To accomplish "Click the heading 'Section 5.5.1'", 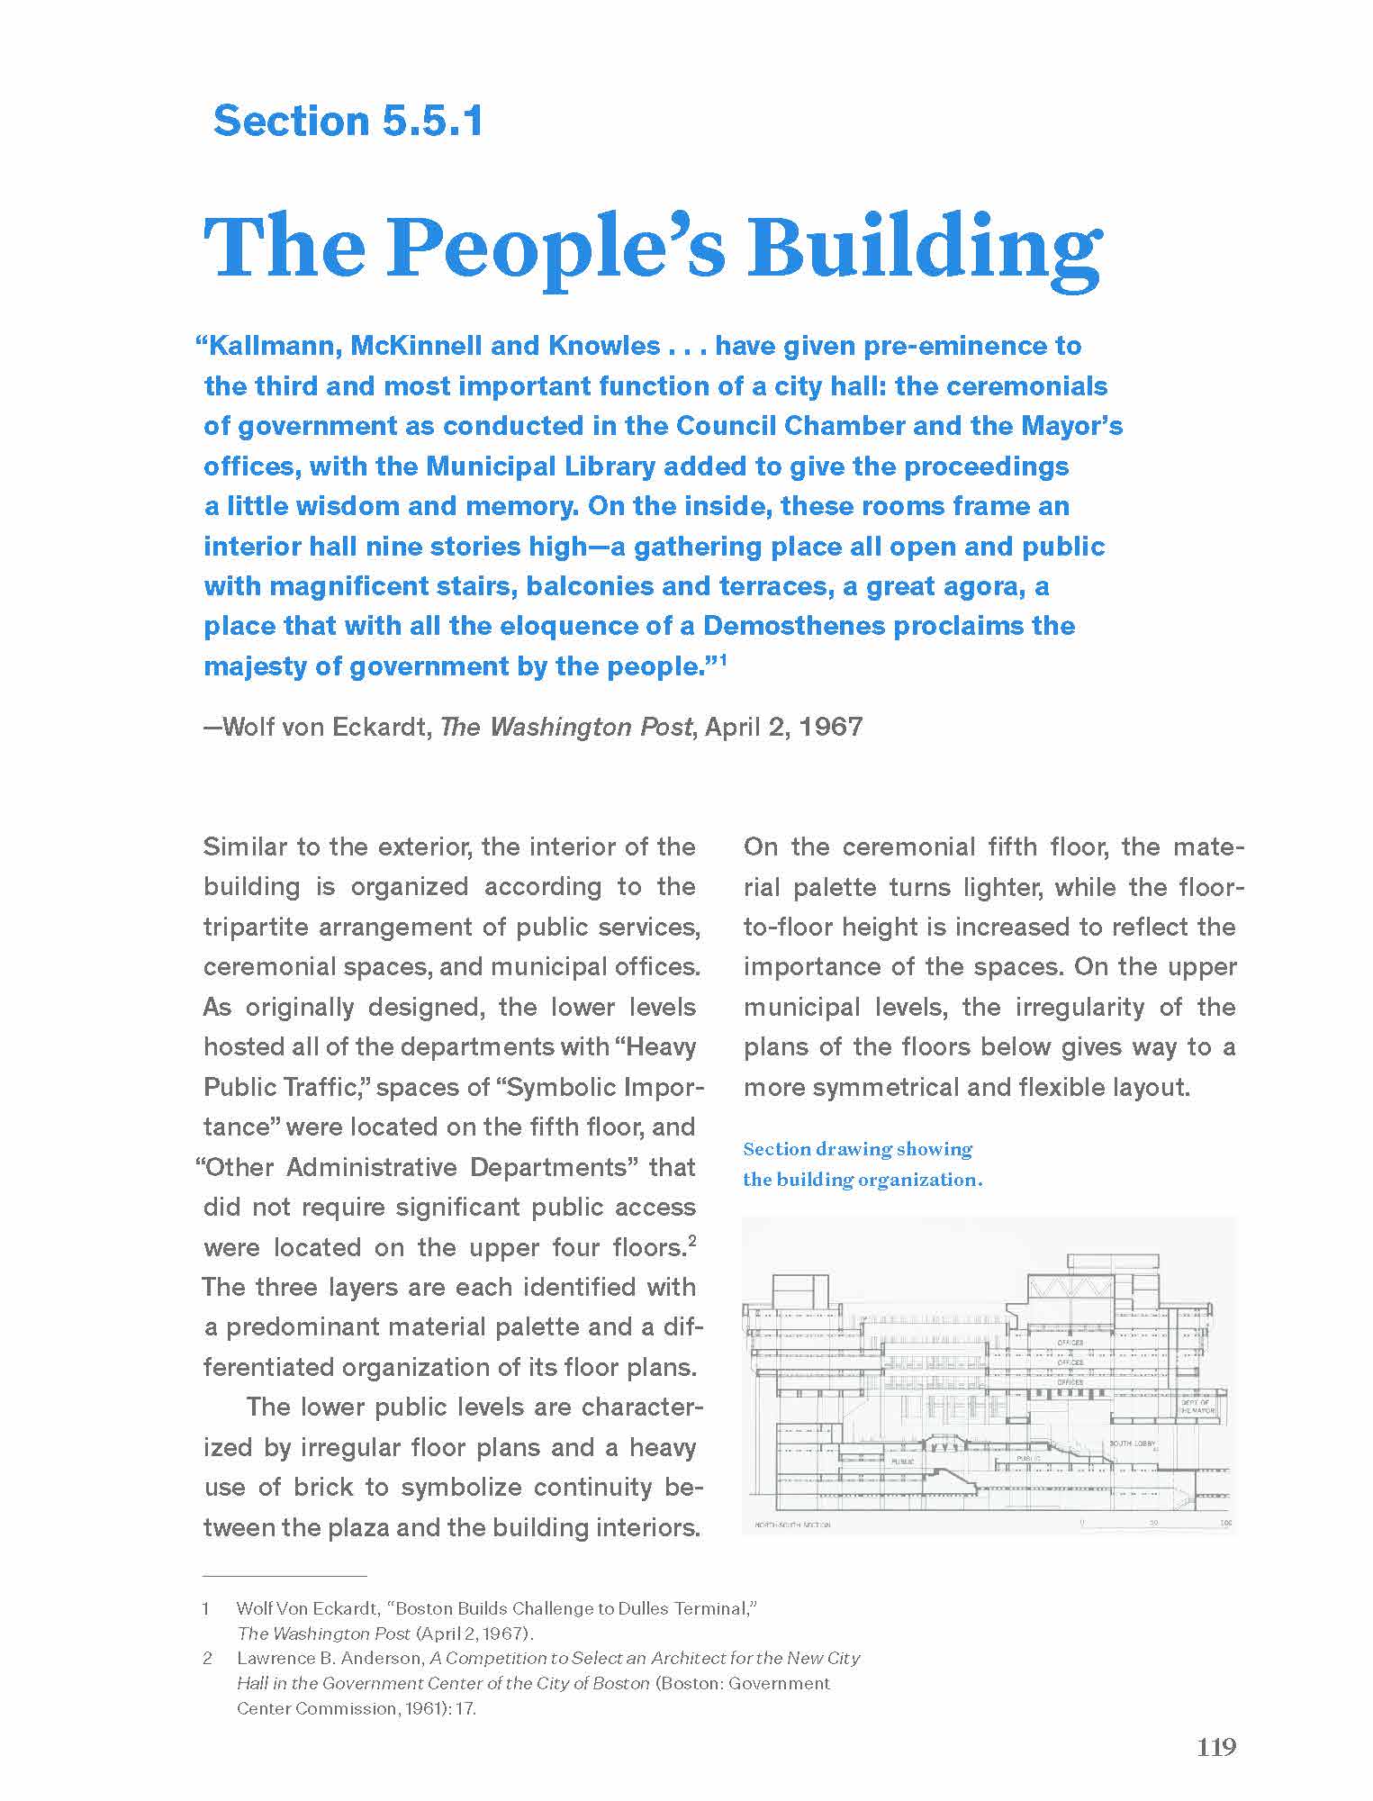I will coord(348,121).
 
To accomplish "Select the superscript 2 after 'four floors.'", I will coord(691,1242).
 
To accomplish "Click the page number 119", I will coord(1216,1747).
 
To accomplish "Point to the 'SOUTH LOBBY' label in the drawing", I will coord(1132,1444).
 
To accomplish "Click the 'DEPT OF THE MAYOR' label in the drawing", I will coord(1197,1406).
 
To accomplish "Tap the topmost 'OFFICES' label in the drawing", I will coord(1070,1343).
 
